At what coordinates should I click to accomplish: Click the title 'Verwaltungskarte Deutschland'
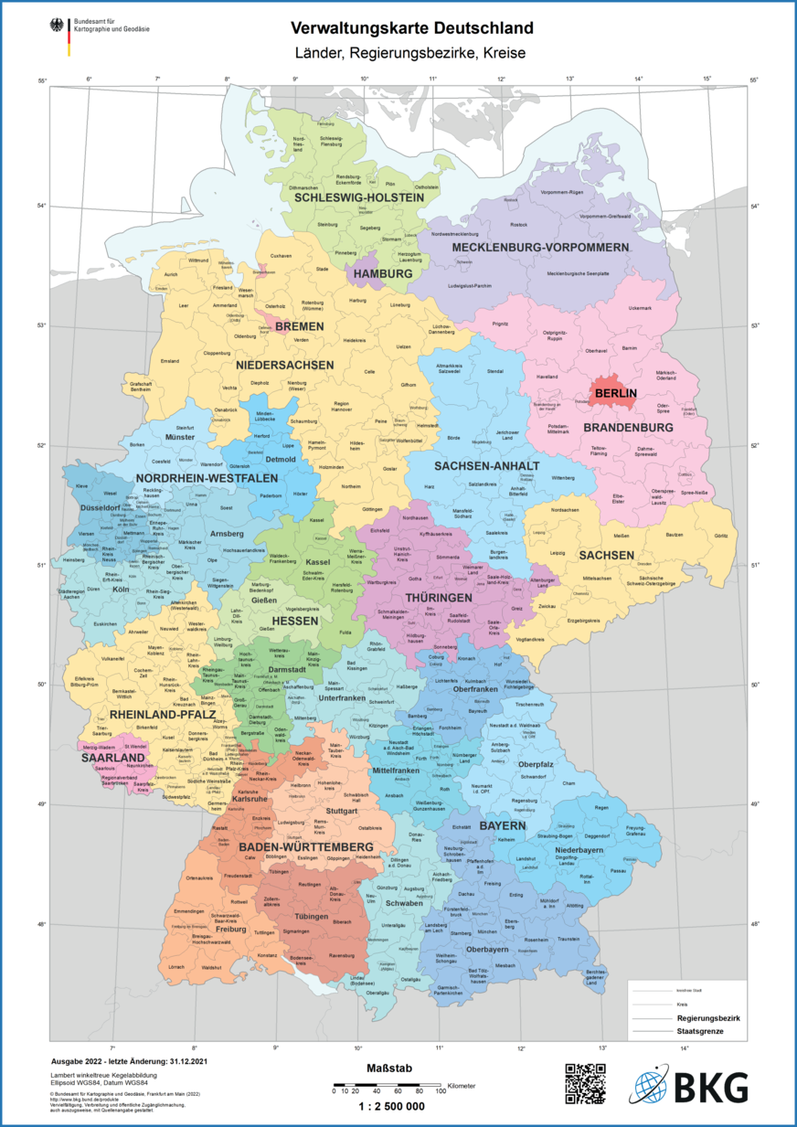(x=398, y=29)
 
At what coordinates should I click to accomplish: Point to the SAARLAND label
(x=113, y=758)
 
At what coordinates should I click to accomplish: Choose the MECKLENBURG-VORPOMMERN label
(x=540, y=248)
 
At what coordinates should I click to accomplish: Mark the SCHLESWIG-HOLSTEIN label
(x=359, y=197)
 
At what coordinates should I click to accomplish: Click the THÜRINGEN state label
(x=432, y=597)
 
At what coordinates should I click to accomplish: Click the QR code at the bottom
(x=585, y=1084)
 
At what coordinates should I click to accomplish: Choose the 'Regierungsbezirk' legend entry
(x=707, y=1017)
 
